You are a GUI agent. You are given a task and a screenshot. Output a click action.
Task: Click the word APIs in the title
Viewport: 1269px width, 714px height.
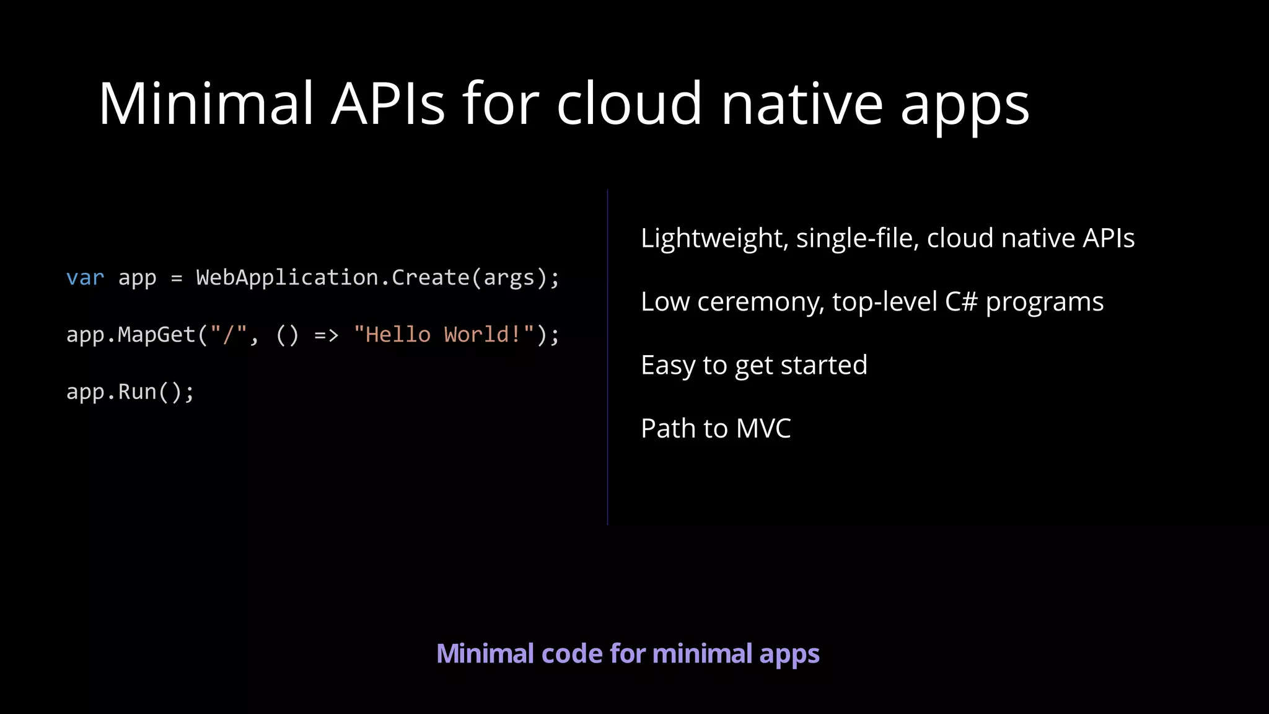pos(388,104)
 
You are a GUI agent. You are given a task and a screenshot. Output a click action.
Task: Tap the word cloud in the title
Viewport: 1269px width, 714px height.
pos(630,104)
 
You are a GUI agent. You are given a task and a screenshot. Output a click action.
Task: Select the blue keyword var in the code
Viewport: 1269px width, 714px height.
pos(86,278)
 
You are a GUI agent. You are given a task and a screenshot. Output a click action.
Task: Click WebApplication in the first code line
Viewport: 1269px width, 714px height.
pos(287,278)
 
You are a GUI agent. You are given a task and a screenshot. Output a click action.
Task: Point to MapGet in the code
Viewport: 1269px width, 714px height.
pos(157,335)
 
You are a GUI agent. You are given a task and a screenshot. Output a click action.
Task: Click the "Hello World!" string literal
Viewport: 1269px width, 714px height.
pos(444,335)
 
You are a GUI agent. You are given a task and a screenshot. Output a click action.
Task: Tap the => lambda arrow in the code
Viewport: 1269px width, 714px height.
pos(326,335)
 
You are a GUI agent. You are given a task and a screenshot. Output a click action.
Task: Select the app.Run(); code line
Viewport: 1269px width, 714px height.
pos(130,392)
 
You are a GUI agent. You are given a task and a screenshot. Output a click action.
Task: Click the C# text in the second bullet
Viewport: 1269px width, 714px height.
pos(961,302)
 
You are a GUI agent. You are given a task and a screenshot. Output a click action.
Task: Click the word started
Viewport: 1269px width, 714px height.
pos(823,366)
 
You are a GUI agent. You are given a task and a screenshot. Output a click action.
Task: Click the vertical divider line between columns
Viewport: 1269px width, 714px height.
pos(608,356)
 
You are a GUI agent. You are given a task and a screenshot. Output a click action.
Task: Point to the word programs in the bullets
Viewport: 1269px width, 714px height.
pos(1045,302)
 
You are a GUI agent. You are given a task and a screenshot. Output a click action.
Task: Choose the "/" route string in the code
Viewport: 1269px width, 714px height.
pos(228,335)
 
